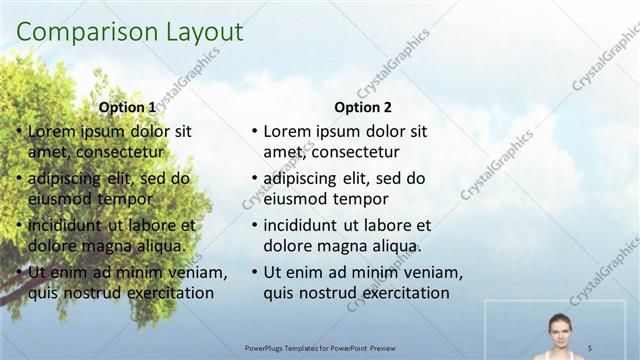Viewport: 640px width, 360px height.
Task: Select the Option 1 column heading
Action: coord(127,108)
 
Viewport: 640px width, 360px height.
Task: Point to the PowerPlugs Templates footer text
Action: coord(320,347)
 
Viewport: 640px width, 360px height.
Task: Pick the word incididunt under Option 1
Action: coord(66,225)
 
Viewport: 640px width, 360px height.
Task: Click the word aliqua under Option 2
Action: coord(394,246)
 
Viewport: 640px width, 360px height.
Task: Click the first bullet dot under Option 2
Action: coord(255,131)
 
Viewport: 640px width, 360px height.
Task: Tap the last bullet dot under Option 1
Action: coord(20,272)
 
